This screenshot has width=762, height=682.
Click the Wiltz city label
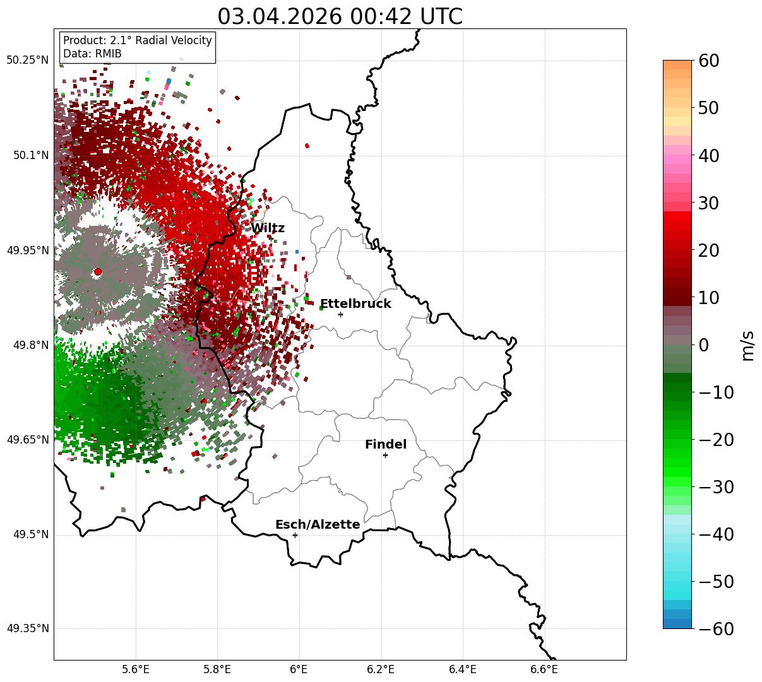(268, 228)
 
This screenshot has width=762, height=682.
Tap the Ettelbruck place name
(355, 303)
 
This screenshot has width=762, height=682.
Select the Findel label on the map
(386, 444)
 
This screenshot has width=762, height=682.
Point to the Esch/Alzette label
(318, 524)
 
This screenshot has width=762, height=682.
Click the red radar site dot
(98, 272)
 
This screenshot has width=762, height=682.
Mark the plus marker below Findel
(385, 456)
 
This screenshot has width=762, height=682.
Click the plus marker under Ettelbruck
(340, 314)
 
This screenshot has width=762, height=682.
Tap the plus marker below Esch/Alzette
(295, 535)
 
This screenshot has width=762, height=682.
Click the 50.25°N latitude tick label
(27, 60)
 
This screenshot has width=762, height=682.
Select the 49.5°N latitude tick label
(31, 534)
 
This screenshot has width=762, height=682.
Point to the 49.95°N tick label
(27, 250)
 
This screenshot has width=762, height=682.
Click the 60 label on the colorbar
(708, 61)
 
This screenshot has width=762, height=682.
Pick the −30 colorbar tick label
(716, 487)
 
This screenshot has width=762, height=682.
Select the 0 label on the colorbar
(704, 345)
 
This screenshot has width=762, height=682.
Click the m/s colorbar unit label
(747, 346)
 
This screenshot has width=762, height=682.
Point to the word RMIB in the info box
(108, 54)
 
